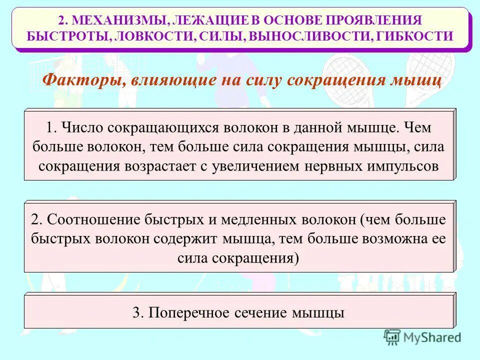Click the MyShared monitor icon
tap(392, 336)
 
